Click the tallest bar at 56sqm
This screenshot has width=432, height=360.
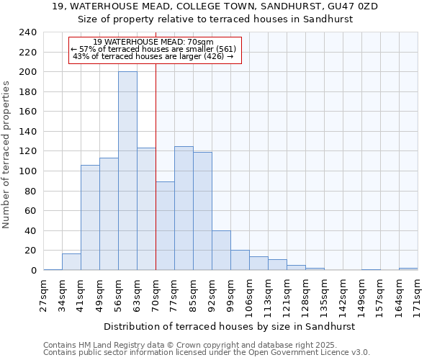point(127,171)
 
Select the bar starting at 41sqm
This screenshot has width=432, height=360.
point(90,217)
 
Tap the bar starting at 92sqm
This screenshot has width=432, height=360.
point(221,251)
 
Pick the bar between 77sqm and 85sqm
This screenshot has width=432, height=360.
point(184,208)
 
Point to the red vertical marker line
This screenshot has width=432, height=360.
point(156,166)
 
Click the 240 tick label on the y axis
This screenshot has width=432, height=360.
point(28,32)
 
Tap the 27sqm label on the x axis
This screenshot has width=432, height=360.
point(44,294)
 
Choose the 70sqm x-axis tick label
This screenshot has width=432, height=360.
point(156,294)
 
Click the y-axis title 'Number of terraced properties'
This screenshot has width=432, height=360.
point(7,154)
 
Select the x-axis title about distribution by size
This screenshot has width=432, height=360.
point(230,326)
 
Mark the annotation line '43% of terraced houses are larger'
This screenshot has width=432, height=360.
point(153,56)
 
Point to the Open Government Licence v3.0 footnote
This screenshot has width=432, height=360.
point(206,352)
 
